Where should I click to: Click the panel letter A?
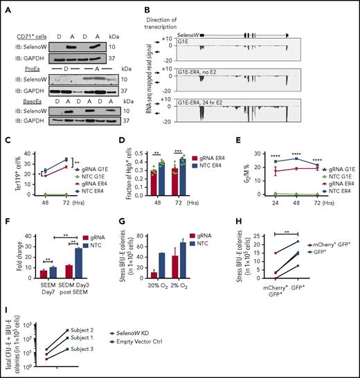pos(8,9)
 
